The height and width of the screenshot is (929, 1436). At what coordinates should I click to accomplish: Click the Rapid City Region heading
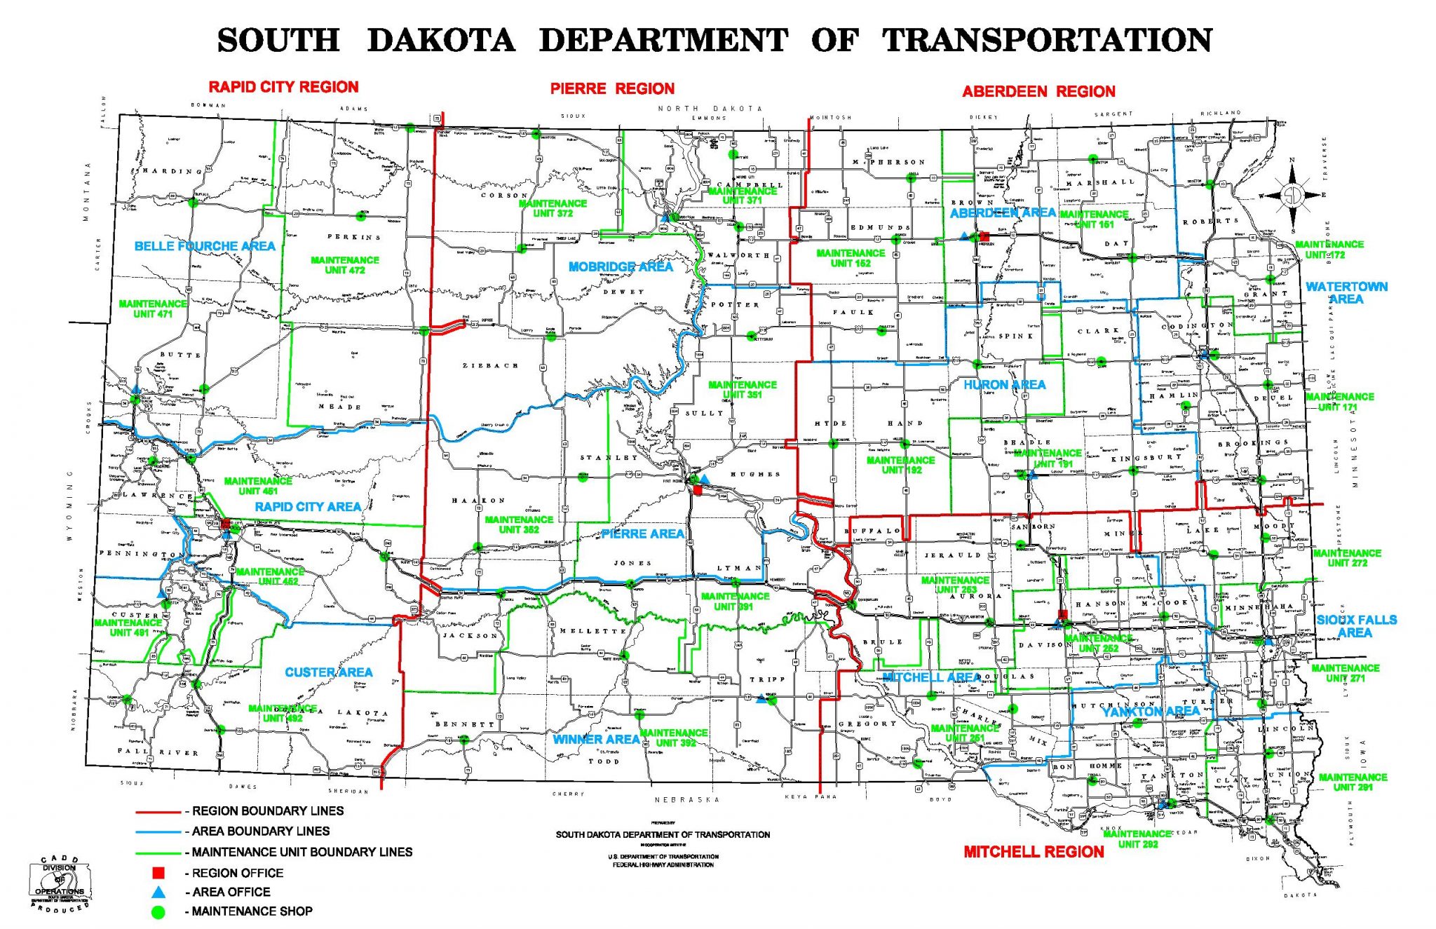coord(283,87)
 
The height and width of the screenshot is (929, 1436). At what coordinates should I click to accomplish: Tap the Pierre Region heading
coord(612,89)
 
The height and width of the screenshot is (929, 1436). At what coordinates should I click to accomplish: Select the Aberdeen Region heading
coord(1038,92)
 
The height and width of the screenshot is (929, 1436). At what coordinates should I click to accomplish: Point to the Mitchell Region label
coord(1034,852)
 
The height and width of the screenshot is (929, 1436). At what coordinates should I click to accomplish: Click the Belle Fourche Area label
coord(205,246)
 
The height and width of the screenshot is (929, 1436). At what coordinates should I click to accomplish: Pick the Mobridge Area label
coord(621,267)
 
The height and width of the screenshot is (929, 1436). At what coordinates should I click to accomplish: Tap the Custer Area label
coord(328,672)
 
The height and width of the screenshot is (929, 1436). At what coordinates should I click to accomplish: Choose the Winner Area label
coord(596,739)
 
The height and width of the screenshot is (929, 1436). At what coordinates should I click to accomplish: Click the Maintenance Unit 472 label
coord(345,265)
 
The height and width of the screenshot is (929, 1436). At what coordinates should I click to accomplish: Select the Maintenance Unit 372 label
coord(553,208)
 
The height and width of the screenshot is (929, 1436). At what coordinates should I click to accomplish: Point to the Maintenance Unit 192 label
coord(900,465)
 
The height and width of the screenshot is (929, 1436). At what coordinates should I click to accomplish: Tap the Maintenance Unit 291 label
coord(1353,782)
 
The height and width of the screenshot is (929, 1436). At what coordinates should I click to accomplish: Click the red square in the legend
coord(159,873)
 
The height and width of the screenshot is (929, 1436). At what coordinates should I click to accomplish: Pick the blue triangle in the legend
coord(159,892)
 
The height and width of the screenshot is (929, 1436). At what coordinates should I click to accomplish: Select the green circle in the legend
coord(159,911)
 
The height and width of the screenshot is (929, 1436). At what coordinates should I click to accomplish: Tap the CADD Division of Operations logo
coord(60,883)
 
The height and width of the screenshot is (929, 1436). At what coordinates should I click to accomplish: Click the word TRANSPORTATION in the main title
coord(1048,40)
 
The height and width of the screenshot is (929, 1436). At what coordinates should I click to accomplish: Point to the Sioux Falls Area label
coord(1356,626)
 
